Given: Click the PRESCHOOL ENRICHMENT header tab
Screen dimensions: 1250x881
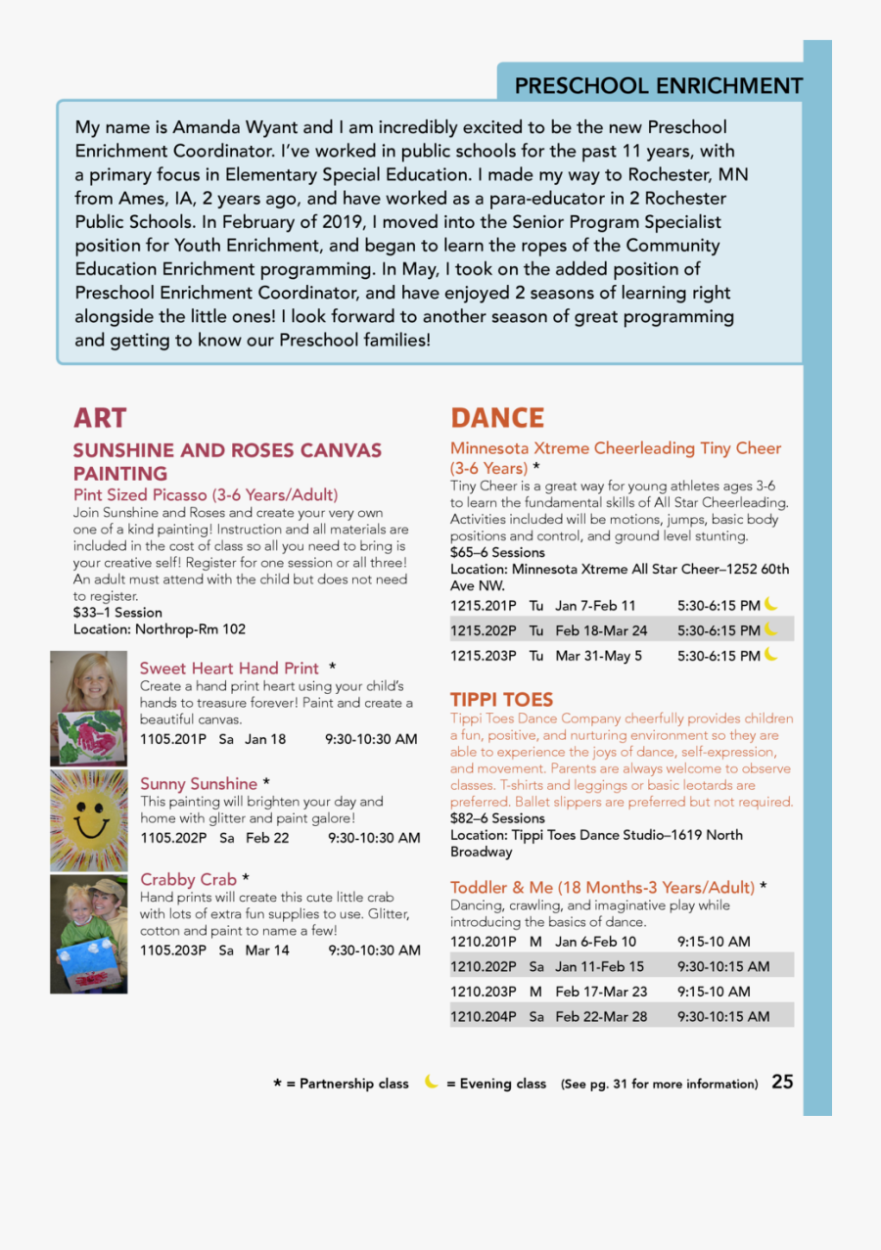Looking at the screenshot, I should pyautogui.click(x=658, y=86).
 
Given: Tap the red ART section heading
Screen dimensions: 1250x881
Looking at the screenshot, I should pyautogui.click(x=100, y=418).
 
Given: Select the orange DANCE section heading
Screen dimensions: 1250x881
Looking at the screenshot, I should pyautogui.click(x=497, y=418).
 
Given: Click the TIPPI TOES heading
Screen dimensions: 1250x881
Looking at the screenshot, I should pyautogui.click(x=501, y=700).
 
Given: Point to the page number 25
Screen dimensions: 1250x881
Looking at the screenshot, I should pyautogui.click(x=782, y=1082).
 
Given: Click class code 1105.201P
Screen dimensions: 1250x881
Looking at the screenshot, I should pyautogui.click(x=173, y=739).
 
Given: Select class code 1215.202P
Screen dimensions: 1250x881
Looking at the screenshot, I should pyautogui.click(x=483, y=630).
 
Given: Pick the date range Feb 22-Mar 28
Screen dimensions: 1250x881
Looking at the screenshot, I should pyautogui.click(x=601, y=1016).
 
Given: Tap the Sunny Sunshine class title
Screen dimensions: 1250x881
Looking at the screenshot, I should pyautogui.click(x=200, y=784).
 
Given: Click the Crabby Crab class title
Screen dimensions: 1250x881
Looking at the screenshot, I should pyautogui.click(x=189, y=879).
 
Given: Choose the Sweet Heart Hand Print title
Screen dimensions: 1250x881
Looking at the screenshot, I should pyautogui.click(x=229, y=669).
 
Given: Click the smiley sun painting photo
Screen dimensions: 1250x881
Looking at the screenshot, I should pyautogui.click(x=89, y=820).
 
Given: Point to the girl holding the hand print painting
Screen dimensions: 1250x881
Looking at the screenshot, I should pyautogui.click(x=89, y=709).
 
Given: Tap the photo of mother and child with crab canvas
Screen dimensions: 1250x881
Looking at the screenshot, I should pyautogui.click(x=89, y=934).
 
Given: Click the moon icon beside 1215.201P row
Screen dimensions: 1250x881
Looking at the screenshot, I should pyautogui.click(x=771, y=604).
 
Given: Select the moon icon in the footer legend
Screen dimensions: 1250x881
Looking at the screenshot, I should pyautogui.click(x=431, y=1082).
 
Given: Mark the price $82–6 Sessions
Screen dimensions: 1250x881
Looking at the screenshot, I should pyautogui.click(x=497, y=818).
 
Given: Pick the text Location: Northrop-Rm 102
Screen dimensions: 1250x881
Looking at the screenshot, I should pyautogui.click(x=160, y=629).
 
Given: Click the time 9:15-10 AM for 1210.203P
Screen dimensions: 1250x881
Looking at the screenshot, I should pyautogui.click(x=714, y=992).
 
